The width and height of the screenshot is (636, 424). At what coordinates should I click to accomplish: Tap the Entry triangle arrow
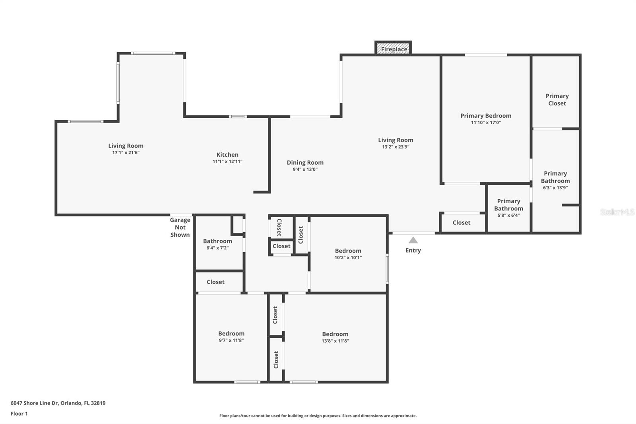(413, 240)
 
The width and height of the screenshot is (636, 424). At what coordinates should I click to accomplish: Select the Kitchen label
(227, 155)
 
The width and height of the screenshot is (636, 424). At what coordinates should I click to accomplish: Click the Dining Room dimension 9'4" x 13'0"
(305, 169)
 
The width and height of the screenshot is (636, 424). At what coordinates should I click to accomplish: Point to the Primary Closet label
(557, 99)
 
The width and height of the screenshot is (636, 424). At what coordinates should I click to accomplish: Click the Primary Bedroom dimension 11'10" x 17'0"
(486, 123)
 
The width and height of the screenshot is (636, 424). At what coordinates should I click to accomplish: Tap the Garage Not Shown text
(180, 227)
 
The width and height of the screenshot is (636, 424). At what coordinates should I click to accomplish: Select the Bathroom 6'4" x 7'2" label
(217, 244)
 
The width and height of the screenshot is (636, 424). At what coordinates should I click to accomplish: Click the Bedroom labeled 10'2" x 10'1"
(348, 254)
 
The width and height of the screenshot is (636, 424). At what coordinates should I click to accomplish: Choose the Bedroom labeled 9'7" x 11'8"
(231, 336)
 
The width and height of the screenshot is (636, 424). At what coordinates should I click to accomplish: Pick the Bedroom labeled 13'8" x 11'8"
(335, 337)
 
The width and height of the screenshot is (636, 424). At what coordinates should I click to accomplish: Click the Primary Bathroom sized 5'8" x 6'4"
(508, 208)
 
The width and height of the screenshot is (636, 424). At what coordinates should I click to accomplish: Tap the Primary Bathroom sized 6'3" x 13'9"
(555, 180)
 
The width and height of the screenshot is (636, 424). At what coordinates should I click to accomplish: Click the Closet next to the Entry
(461, 223)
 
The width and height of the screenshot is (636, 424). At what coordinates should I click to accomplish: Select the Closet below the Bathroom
(215, 282)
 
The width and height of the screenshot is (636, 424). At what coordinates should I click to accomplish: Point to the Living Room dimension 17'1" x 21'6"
(126, 153)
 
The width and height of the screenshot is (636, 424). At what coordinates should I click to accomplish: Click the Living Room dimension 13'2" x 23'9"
(396, 147)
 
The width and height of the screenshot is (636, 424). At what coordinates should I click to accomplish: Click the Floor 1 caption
(19, 414)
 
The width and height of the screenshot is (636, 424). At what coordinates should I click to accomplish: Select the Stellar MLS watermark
(617, 212)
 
